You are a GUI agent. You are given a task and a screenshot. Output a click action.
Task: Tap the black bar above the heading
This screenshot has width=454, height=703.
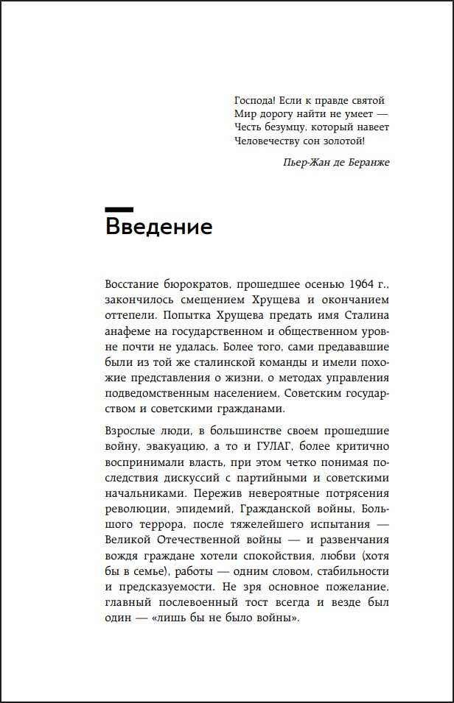(x=119, y=208)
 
